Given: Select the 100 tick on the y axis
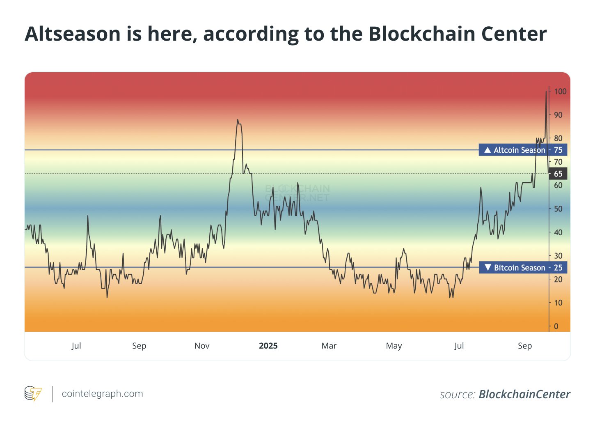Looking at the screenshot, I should click(x=560, y=92).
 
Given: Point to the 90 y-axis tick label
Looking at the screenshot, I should click(x=558, y=115).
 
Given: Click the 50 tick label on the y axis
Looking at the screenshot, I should click(x=558, y=209).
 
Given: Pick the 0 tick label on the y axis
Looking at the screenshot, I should click(x=556, y=326).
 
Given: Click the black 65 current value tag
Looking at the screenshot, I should click(x=558, y=174).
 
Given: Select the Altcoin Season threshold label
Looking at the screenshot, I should click(x=519, y=150).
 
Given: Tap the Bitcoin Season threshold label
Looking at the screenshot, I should click(x=519, y=268).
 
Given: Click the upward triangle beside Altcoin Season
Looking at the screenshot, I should click(x=487, y=150).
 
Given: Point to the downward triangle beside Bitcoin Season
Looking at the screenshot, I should click(x=487, y=267).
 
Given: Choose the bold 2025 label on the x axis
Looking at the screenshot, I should click(x=268, y=346).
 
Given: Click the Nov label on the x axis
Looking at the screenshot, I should click(x=202, y=346).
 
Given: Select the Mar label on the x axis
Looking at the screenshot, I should click(x=329, y=346).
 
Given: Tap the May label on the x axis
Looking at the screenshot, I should click(x=394, y=346).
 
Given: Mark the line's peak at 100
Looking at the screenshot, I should click(x=546, y=91).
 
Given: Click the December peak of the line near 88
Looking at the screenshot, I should click(x=238, y=119).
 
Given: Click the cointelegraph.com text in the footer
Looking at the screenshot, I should click(x=102, y=394).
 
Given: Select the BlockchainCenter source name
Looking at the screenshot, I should click(x=524, y=395).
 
